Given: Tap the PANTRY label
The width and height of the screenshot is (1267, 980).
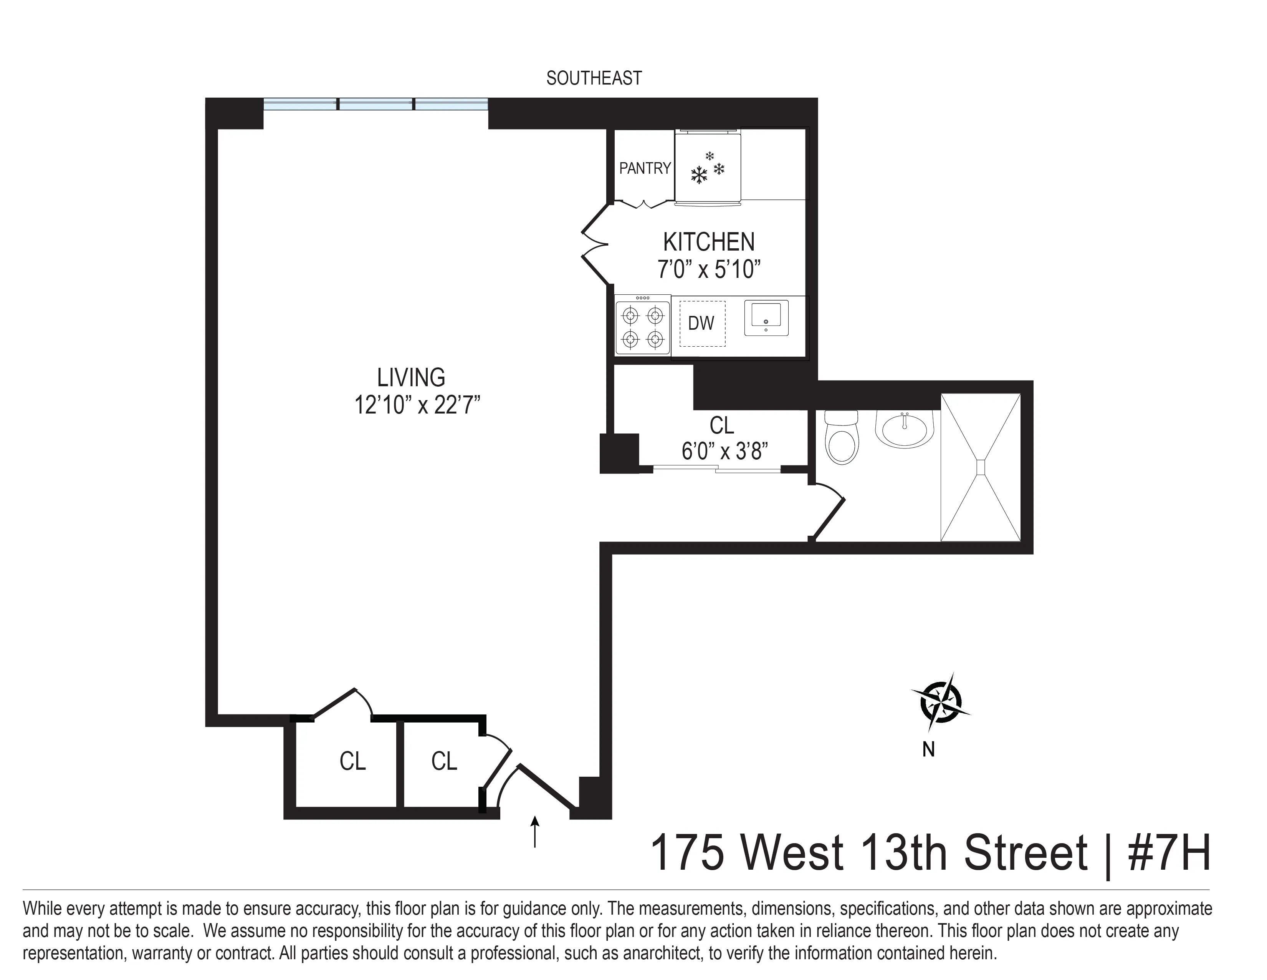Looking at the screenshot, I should pyautogui.click(x=645, y=168).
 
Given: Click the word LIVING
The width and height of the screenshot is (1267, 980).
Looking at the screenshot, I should pyautogui.click(x=411, y=378).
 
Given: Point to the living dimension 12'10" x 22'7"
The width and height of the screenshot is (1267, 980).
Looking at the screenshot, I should pyautogui.click(x=417, y=405).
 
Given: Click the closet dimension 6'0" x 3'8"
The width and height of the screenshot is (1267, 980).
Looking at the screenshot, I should pyautogui.click(x=724, y=450).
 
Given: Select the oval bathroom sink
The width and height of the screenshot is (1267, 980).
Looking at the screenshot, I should pyautogui.click(x=903, y=430).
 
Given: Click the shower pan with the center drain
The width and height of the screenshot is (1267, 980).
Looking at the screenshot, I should pyautogui.click(x=981, y=467).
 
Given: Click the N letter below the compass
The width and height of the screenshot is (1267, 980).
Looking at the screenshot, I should pyautogui.click(x=928, y=749).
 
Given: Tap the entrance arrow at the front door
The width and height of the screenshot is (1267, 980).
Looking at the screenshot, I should pyautogui.click(x=535, y=831).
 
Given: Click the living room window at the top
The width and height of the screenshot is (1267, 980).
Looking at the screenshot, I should pyautogui.click(x=376, y=105).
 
